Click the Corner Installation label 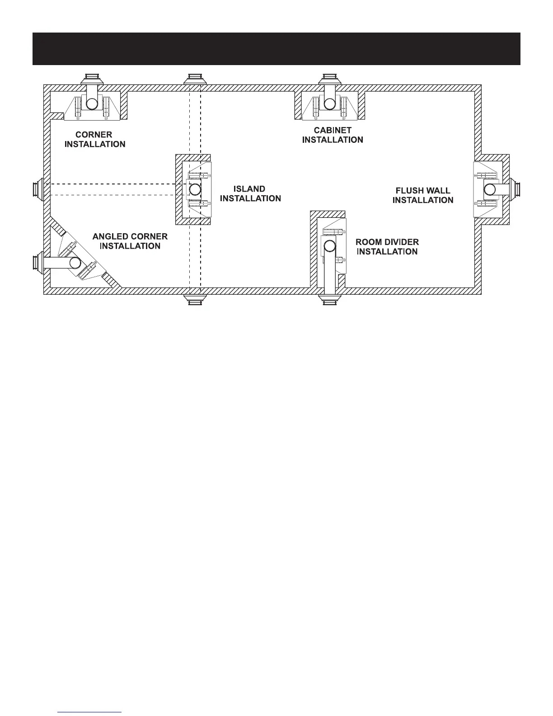(95, 139)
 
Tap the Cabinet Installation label (333, 135)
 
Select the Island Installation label (250, 193)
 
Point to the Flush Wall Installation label (423, 195)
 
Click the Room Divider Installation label (387, 247)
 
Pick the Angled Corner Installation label (130, 241)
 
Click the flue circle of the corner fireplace (92, 104)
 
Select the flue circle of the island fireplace (195, 189)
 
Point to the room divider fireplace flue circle (330, 246)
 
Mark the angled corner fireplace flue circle (75, 263)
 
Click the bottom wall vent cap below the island (195, 300)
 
